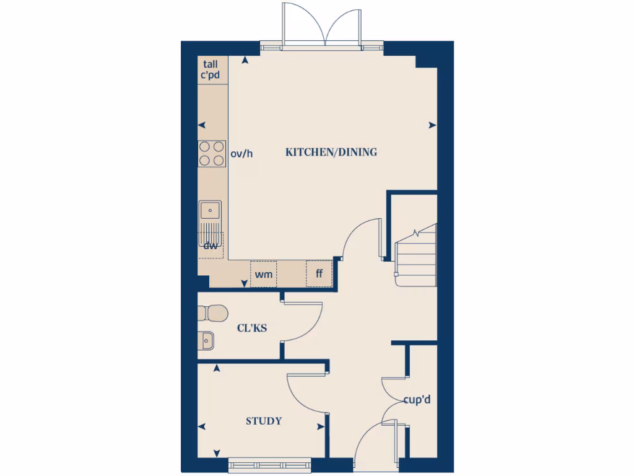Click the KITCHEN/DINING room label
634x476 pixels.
tap(331, 152)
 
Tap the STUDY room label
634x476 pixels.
tap(264, 421)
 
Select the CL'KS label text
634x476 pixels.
tap(252, 328)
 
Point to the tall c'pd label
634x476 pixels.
tap(211, 69)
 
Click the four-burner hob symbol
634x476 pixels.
tap(211, 153)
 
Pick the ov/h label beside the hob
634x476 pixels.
tap(241, 153)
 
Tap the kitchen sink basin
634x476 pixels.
tap(211, 211)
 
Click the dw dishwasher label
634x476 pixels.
tap(211, 245)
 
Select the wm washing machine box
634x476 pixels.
tap(264, 274)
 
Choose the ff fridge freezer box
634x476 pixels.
tap(319, 274)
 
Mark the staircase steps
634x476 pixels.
tap(416, 257)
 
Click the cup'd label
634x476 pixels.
tap(417, 400)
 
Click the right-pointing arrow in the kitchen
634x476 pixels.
tap(431, 125)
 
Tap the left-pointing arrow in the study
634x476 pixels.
tap(202, 426)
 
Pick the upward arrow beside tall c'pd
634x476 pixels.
tap(246, 60)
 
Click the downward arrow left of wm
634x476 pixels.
tap(244, 284)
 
